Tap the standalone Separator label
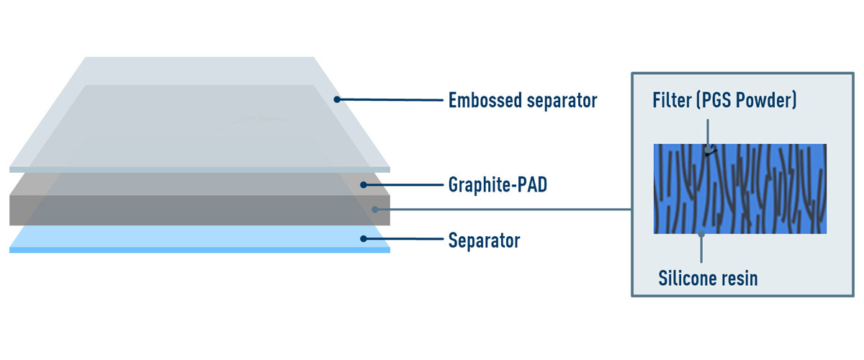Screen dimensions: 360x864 pyautogui.click(x=484, y=240)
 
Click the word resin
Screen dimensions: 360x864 pyautogui.click(x=742, y=278)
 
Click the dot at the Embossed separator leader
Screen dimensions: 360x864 pyautogui.click(x=336, y=99)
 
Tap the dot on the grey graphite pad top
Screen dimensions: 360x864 pyautogui.click(x=364, y=185)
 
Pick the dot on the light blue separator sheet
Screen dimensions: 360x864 pyautogui.click(x=364, y=239)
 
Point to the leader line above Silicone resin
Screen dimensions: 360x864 pyautogui.click(x=702, y=248)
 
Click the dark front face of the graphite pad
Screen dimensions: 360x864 pyautogui.click(x=194, y=210)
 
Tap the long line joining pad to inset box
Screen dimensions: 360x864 pyautogui.click(x=504, y=210)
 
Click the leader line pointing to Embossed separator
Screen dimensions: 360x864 pyautogui.click(x=389, y=99)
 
